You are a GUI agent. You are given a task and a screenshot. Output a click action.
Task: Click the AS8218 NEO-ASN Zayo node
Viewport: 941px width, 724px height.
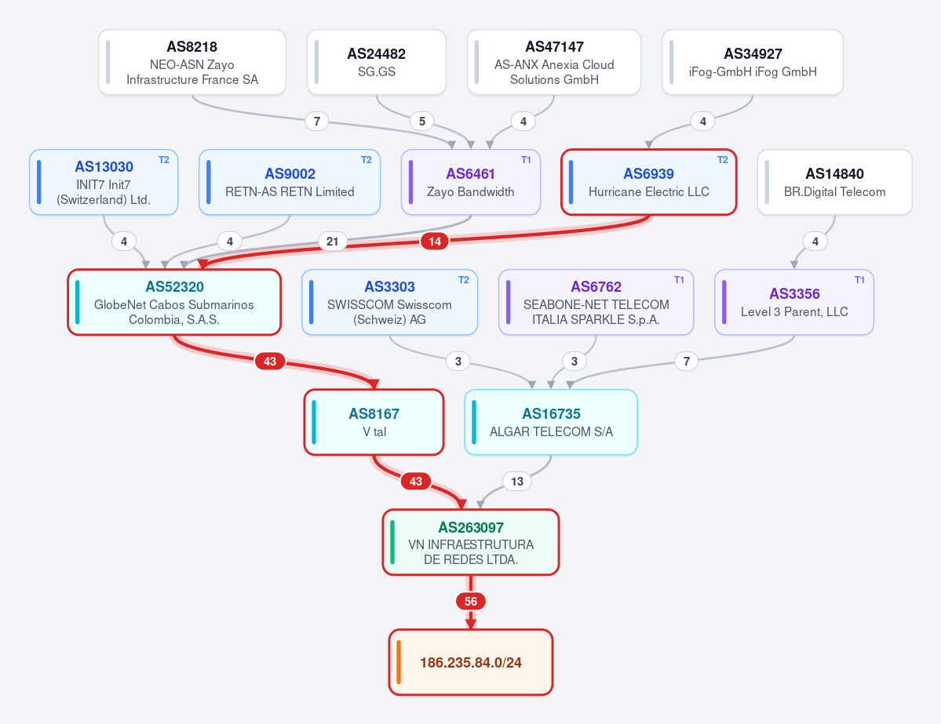[x=192, y=63]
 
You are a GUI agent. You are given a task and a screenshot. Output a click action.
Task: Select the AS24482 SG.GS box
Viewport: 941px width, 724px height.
[x=376, y=63]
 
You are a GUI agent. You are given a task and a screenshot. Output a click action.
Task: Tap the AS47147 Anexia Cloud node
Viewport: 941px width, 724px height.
[x=554, y=63]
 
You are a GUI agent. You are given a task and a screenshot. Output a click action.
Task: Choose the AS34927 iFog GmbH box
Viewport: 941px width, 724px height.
[x=753, y=63]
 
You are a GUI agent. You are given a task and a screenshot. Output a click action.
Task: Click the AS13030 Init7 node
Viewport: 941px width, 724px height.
[x=104, y=182]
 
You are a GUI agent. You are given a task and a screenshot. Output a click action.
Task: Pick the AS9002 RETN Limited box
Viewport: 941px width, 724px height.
[x=290, y=182]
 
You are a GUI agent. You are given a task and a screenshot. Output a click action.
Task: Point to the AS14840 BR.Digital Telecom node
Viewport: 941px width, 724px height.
[x=835, y=182]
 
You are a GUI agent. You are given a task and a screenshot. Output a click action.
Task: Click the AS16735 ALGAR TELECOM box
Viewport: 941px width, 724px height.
[x=551, y=422]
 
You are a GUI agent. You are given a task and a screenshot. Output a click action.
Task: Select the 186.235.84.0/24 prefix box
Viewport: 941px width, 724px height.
[x=471, y=662]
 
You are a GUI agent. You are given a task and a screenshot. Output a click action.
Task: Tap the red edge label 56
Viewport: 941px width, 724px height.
[x=471, y=601]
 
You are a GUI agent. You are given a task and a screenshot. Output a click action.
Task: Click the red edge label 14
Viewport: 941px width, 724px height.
[x=435, y=241]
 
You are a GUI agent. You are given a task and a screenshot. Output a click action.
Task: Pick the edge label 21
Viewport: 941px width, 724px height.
[x=333, y=241]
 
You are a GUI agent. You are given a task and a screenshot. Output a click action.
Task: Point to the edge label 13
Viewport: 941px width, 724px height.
[x=516, y=481]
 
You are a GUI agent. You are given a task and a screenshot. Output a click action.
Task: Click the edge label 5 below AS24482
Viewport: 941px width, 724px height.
[x=422, y=121]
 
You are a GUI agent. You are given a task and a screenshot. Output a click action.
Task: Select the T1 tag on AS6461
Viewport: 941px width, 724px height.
[x=526, y=160]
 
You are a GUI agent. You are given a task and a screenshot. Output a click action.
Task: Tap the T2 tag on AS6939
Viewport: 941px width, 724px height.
[x=723, y=160]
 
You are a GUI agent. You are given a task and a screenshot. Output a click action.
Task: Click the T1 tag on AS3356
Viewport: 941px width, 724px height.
[x=859, y=280]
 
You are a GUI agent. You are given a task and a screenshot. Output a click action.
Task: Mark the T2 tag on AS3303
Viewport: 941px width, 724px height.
[x=463, y=280]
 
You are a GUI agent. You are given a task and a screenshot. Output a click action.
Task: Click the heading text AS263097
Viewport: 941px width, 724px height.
[x=471, y=527]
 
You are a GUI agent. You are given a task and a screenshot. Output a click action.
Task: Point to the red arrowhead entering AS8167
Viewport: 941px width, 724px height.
[x=374, y=384]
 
